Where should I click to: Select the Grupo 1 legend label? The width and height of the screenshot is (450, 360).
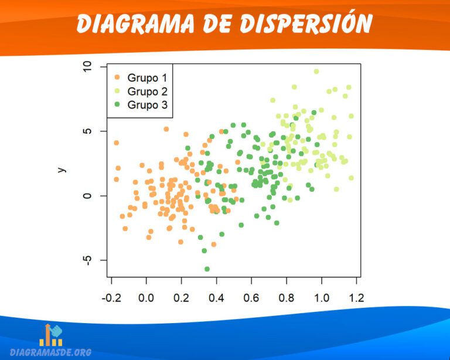tap(147, 77)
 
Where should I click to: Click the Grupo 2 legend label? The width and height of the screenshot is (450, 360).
tap(147, 91)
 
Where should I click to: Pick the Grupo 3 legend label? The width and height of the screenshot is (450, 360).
tap(147, 106)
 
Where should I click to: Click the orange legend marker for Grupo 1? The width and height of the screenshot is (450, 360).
tap(117, 77)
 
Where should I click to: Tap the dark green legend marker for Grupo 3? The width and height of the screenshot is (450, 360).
tap(117, 106)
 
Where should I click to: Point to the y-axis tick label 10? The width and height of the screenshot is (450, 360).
tap(88, 67)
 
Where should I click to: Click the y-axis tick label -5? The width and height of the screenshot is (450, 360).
tap(88, 260)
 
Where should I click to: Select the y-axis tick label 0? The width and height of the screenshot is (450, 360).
tap(88, 195)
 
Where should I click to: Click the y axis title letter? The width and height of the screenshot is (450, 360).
tap(62, 169)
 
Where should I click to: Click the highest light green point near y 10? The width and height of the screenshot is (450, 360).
tap(316, 72)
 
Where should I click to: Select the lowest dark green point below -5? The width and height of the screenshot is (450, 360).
tap(207, 269)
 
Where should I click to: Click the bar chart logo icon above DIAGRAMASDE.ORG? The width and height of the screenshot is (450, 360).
tap(51, 334)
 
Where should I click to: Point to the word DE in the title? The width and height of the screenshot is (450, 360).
tap(220, 24)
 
